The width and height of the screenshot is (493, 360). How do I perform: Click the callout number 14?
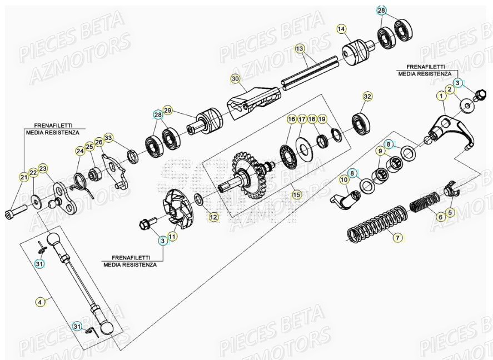point(341,28)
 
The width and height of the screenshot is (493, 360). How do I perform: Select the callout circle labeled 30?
point(235,79)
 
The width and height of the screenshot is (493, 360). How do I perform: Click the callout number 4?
point(39,302)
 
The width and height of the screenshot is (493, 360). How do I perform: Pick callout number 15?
point(296,194)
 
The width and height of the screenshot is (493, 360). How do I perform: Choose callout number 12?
point(213,217)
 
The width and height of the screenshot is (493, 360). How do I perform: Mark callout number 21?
point(23,177)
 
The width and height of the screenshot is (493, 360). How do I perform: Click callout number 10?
point(343,179)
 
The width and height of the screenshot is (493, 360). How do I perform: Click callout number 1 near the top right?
point(441,95)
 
